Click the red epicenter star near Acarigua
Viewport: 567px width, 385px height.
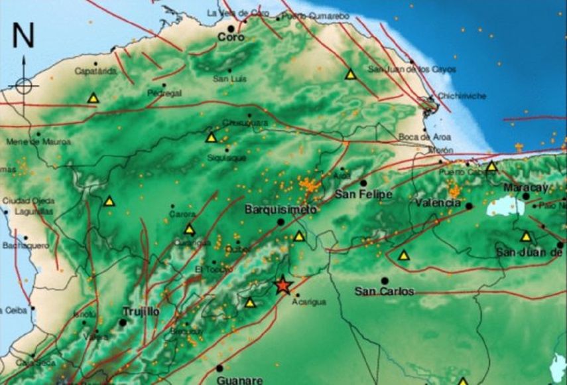tap(283, 285)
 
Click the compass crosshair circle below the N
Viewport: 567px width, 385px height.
tap(24, 86)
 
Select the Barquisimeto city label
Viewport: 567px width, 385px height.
tap(272, 209)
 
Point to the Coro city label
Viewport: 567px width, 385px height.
tap(231, 38)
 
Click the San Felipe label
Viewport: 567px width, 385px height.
tap(363, 194)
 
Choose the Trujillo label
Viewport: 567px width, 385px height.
tap(141, 311)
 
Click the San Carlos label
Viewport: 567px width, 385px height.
tap(385, 291)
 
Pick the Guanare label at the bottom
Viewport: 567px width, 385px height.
tap(239, 380)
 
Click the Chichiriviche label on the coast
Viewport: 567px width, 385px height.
tap(462, 96)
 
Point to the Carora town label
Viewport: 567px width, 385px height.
tap(182, 214)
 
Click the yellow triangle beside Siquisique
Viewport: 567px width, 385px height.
tap(212, 138)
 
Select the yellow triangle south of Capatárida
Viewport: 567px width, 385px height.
tap(94, 98)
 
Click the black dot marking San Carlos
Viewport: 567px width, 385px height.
tap(385, 281)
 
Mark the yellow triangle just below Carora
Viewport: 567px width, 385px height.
tap(190, 230)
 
